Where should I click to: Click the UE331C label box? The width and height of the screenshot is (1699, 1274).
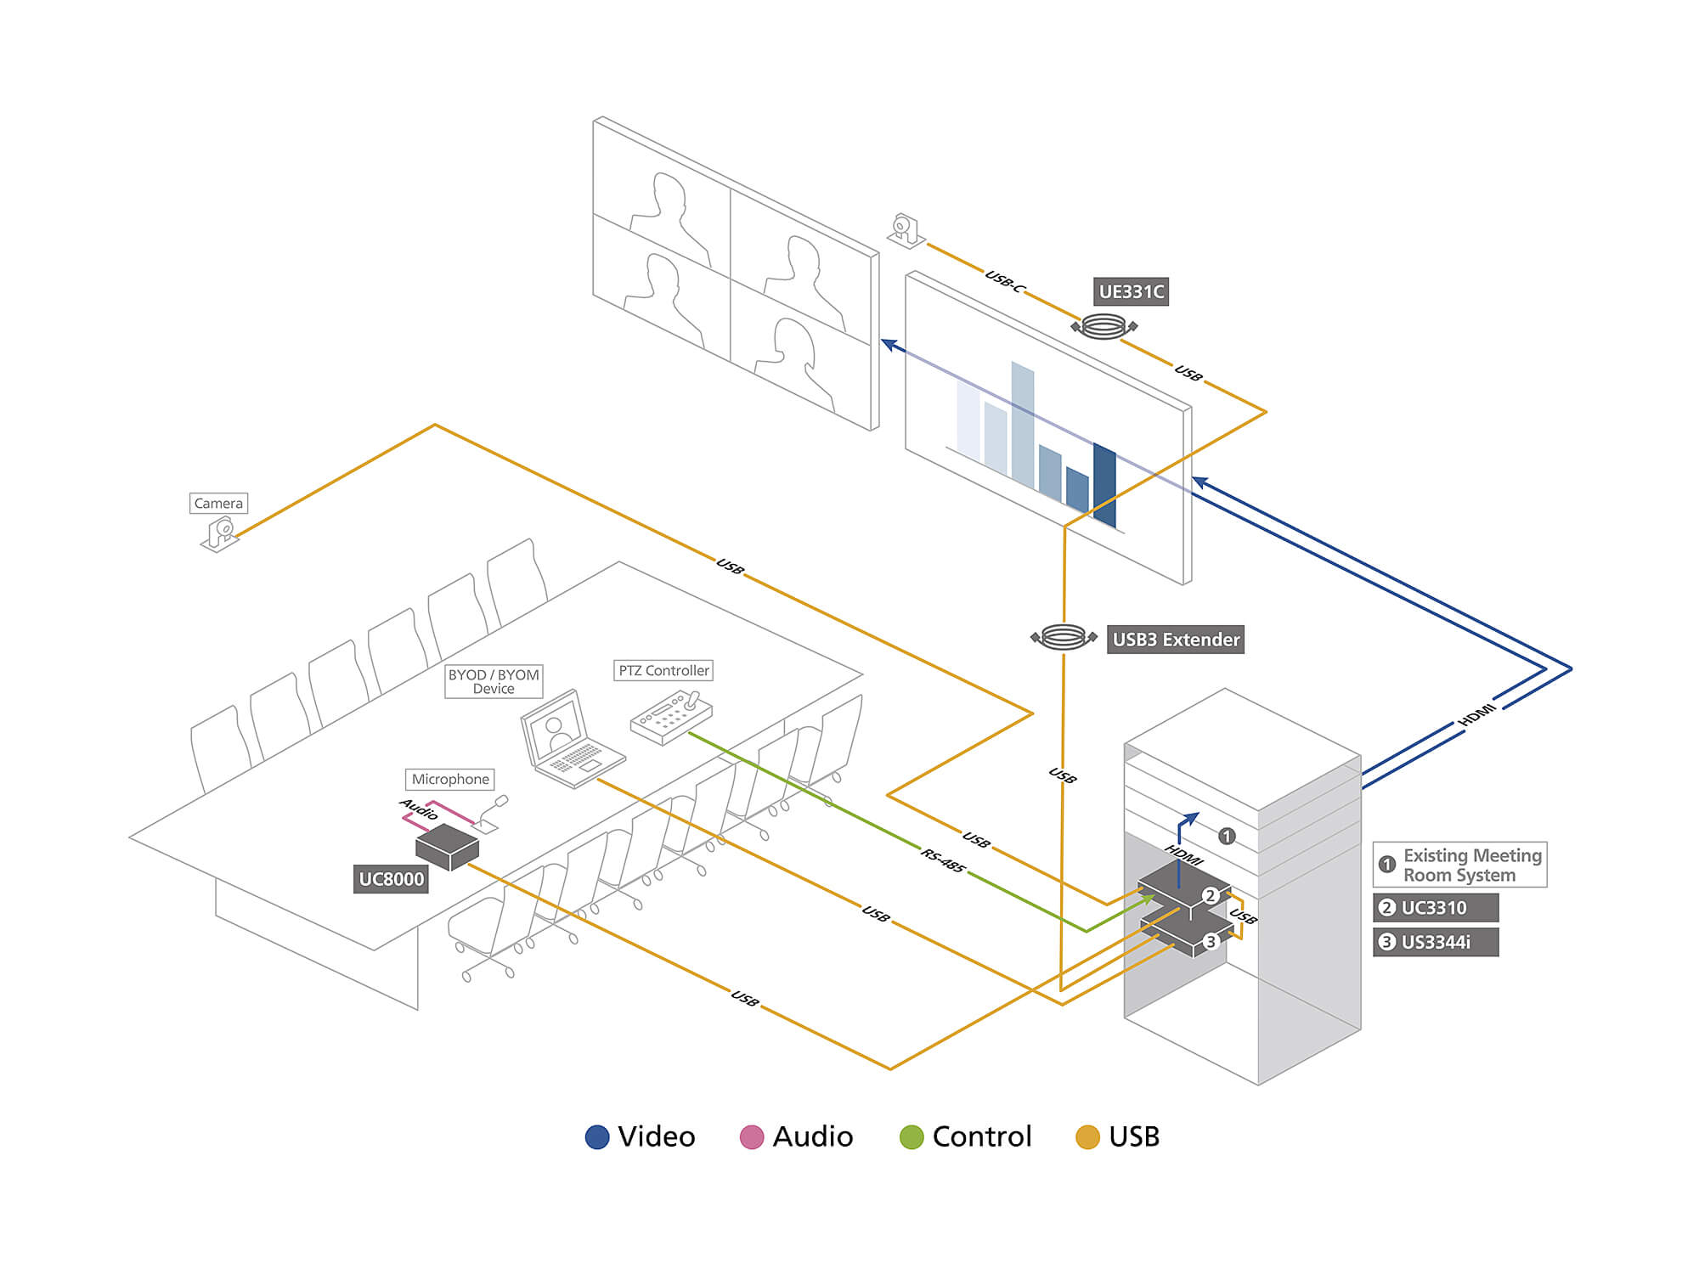pos(1131,291)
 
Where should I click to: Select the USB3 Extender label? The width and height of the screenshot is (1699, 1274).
pos(1176,640)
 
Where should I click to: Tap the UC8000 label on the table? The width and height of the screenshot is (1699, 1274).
pos(391,879)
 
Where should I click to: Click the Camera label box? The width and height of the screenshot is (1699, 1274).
pos(218,503)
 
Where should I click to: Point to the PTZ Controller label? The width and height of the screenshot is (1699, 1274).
pos(663,670)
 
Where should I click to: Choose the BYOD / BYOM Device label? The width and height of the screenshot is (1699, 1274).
pos(494,681)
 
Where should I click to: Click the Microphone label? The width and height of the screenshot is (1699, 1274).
pos(450,779)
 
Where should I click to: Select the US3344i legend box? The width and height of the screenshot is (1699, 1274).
pos(1436,942)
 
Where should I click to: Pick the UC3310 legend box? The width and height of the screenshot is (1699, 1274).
pos(1436,907)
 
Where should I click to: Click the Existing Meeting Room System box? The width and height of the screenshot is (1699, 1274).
pos(1460,865)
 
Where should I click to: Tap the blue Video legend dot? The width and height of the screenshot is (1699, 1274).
pos(597,1137)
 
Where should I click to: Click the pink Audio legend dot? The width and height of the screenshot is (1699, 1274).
pos(752,1137)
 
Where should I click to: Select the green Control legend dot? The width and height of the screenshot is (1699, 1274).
pos(912,1137)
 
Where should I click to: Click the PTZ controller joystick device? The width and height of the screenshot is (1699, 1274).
pos(672,716)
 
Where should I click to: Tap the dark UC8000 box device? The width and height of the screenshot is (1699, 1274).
pos(448,846)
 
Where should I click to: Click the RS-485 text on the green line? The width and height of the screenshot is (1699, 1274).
pos(943,860)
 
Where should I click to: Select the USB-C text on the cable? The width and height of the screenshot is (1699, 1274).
pos(1004,281)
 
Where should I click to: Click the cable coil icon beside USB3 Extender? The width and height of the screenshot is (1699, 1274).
pos(1064,637)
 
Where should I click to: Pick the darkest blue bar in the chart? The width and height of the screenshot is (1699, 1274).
pos(1104,484)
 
